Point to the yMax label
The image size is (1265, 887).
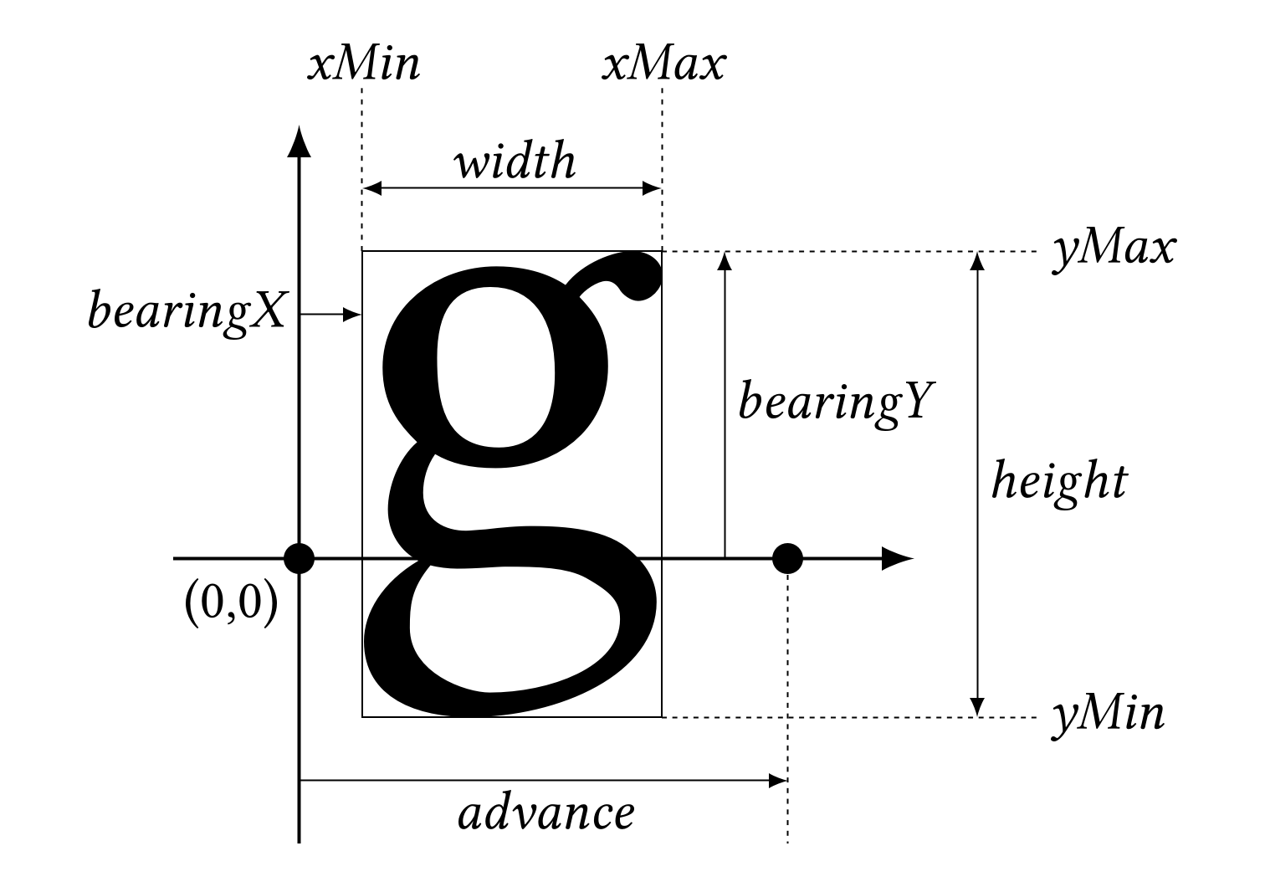pyautogui.click(x=1114, y=249)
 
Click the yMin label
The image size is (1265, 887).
pyautogui.click(x=1108, y=716)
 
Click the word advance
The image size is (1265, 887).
pyautogui.click(x=545, y=813)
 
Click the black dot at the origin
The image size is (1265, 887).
pyautogui.click(x=300, y=557)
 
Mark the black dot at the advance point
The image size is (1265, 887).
pyautogui.click(x=787, y=557)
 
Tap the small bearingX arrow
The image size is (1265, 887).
pyautogui.click(x=330, y=315)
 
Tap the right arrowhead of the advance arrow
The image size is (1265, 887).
pyautogui.click(x=778, y=781)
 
